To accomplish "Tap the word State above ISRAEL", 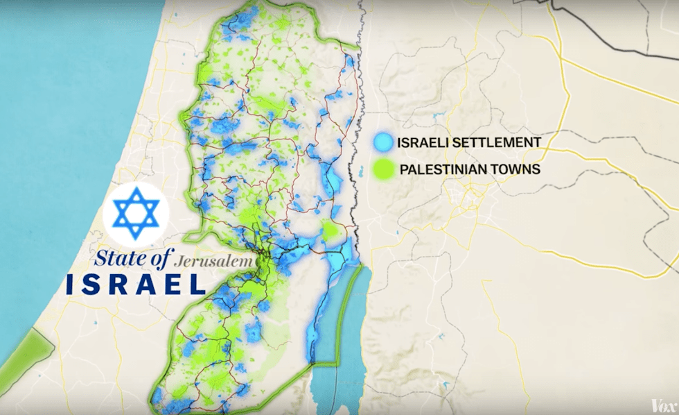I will pos(121,260).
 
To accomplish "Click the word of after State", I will pos(159,260).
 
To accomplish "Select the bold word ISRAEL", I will pos(136,283).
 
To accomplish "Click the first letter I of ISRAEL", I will pos(71,283).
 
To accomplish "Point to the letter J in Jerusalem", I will pos(180,262).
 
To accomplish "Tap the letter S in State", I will pos(101,260).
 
